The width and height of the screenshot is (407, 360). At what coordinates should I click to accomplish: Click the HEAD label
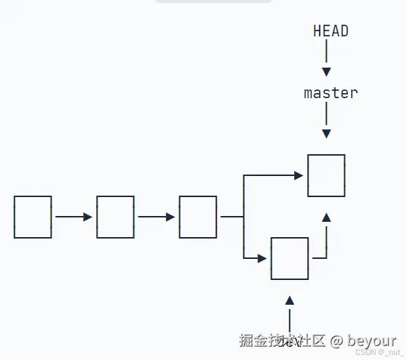pos(331,31)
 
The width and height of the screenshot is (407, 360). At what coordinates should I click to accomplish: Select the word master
pos(331,93)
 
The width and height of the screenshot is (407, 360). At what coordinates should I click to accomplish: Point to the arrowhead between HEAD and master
pos(326,71)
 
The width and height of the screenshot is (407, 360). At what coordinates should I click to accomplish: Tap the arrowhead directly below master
pos(326,133)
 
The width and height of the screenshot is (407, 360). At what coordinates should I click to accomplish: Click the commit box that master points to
pos(326,175)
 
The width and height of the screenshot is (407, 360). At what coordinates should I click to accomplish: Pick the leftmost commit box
pos(33,217)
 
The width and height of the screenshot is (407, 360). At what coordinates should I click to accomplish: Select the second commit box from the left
pos(115,217)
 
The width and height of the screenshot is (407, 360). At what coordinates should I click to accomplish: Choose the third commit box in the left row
pos(197,217)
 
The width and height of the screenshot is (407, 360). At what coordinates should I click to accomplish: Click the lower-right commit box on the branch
pos(289,258)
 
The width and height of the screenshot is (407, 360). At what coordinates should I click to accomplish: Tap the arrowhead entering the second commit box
pos(88,217)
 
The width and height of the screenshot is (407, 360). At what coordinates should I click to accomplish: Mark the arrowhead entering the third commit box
pos(170,217)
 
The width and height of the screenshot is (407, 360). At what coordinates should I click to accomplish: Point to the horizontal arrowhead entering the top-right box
pos(298,175)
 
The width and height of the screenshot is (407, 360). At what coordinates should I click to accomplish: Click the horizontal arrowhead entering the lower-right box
pos(262,258)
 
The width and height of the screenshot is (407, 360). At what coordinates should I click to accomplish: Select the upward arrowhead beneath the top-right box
pos(326,217)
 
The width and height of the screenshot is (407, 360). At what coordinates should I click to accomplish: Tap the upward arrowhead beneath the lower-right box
pos(289,300)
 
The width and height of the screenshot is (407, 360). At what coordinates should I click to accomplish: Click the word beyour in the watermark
pos(372,340)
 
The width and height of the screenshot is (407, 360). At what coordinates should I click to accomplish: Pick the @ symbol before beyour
pos(336,340)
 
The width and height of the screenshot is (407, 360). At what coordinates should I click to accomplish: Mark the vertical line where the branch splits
pos(243,217)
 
